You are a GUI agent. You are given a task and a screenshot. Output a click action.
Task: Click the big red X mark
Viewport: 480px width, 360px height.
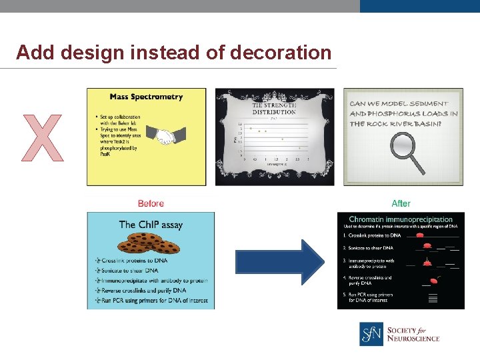click(43, 137)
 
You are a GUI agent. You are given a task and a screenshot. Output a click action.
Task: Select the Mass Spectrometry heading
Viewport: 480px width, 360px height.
click(146, 97)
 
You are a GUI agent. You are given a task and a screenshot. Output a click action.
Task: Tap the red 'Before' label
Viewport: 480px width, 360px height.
click(151, 203)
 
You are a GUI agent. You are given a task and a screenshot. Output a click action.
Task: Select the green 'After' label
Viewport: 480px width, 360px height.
click(401, 203)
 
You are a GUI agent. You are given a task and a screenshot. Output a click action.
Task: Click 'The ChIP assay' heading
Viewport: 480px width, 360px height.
click(151, 225)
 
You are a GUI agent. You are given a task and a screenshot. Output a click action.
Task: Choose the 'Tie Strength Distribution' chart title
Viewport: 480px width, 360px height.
click(274, 108)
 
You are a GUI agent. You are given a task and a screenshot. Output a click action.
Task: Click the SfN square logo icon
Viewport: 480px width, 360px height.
click(371, 334)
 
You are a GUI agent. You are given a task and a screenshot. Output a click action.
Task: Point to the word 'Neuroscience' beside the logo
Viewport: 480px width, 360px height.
click(413, 339)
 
